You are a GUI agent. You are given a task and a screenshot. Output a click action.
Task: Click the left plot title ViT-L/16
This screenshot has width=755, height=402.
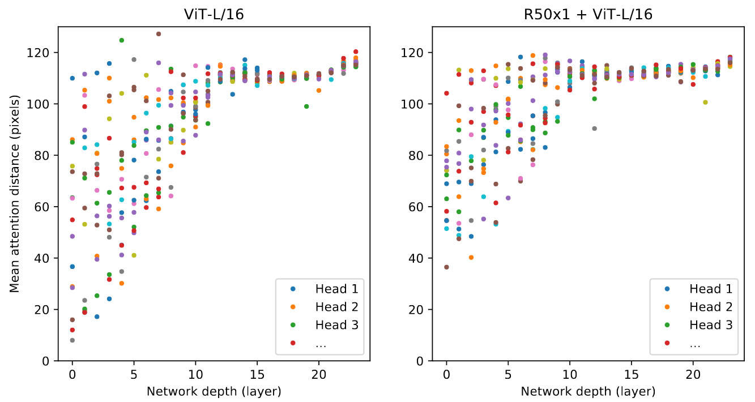click(x=214, y=15)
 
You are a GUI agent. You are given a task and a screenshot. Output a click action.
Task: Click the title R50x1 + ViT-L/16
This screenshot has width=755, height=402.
click(x=587, y=15)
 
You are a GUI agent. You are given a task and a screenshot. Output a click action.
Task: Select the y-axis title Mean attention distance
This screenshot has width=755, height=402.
click(x=15, y=194)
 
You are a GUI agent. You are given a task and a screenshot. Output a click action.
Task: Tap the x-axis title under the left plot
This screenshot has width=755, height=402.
click(x=214, y=391)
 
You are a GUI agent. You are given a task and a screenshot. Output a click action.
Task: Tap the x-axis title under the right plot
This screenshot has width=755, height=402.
click(x=588, y=391)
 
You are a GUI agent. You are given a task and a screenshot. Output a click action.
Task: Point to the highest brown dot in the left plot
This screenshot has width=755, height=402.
click(x=159, y=34)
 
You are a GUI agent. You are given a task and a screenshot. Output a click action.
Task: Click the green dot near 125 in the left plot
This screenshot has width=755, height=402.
click(x=121, y=40)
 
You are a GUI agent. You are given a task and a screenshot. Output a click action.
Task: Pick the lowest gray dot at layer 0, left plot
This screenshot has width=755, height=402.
click(x=72, y=340)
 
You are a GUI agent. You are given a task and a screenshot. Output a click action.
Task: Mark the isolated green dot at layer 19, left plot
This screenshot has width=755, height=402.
click(x=306, y=106)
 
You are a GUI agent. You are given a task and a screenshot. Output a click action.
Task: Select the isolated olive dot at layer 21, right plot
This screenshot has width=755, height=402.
click(x=705, y=102)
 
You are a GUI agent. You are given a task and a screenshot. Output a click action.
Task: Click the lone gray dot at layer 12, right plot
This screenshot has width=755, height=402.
click(x=594, y=129)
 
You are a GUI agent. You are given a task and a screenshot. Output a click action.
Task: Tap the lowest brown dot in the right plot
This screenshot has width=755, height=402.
click(x=446, y=267)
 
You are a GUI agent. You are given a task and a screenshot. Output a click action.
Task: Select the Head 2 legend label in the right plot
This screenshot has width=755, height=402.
click(x=711, y=307)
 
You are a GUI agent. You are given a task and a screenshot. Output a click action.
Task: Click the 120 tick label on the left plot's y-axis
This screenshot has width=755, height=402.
click(x=42, y=53)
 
